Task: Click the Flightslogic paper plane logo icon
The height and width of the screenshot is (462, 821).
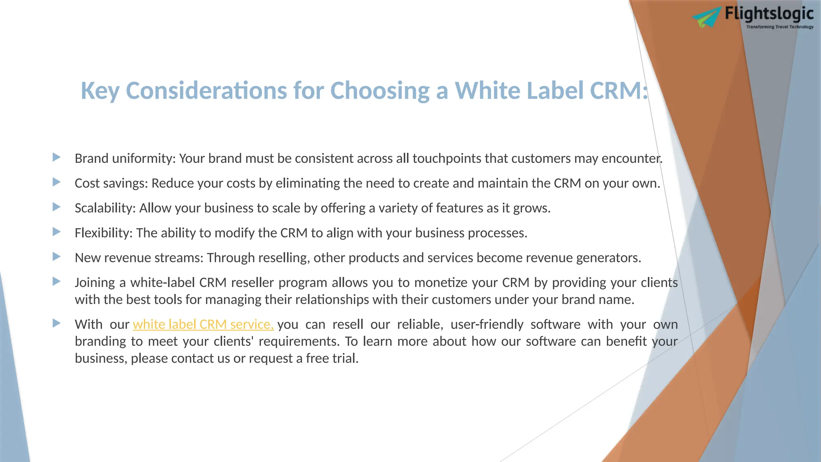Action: (x=706, y=17)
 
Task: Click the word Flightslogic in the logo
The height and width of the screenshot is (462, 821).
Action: (x=769, y=14)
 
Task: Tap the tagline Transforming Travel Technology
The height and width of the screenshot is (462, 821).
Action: (x=780, y=27)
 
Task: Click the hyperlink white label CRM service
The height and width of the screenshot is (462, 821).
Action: (x=203, y=324)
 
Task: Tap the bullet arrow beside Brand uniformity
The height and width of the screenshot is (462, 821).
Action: (x=57, y=157)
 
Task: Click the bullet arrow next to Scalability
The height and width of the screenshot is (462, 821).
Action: (x=57, y=207)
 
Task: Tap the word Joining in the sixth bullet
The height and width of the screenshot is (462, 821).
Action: (x=95, y=283)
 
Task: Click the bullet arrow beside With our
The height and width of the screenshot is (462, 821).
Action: (x=57, y=323)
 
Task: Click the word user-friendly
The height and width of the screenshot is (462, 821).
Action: (x=487, y=324)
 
